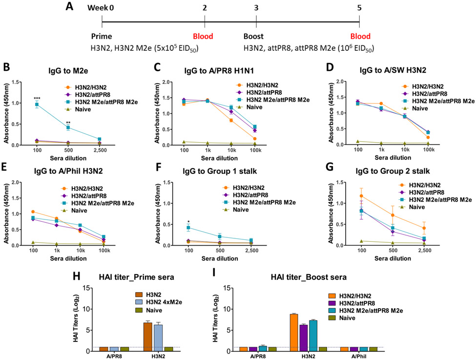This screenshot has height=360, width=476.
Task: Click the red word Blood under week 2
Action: [x=202, y=36]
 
